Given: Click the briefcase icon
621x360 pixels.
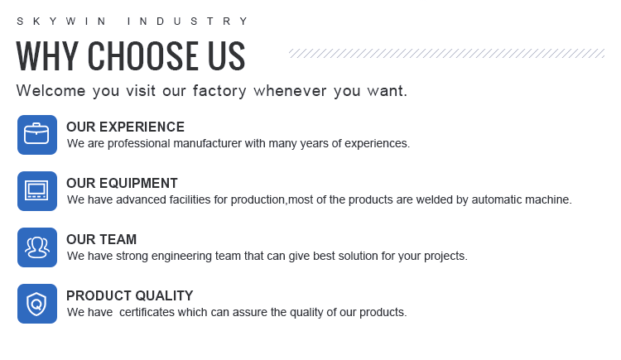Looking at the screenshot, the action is pos(36,135).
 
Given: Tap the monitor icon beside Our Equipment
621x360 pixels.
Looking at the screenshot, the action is pos(36,191).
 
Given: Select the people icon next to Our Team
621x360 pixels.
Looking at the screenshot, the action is pos(36,247).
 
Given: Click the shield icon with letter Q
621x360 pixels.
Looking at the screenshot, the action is pos(36,304).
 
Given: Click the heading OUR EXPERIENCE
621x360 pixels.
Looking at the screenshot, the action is pos(125,127).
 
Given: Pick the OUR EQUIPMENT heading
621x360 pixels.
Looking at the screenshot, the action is pos(122,183).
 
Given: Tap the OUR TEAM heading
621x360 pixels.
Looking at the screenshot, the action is pos(101,239).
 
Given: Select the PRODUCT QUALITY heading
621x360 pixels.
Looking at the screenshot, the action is pos(129,295).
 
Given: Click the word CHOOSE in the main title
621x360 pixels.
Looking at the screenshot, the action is pos(142,55).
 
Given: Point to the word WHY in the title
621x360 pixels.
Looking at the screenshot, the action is pos(47,55).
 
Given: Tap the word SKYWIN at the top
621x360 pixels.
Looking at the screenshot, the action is pos(61,21).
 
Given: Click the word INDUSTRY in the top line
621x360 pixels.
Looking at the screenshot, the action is pos(188,21).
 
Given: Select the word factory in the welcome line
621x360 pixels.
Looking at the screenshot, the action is pos(219,91).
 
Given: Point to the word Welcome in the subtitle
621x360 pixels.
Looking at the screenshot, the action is pos(51,91).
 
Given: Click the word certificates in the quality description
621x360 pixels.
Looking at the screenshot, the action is pos(147,312).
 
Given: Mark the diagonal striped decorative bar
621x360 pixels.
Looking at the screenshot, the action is pos(447,54).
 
